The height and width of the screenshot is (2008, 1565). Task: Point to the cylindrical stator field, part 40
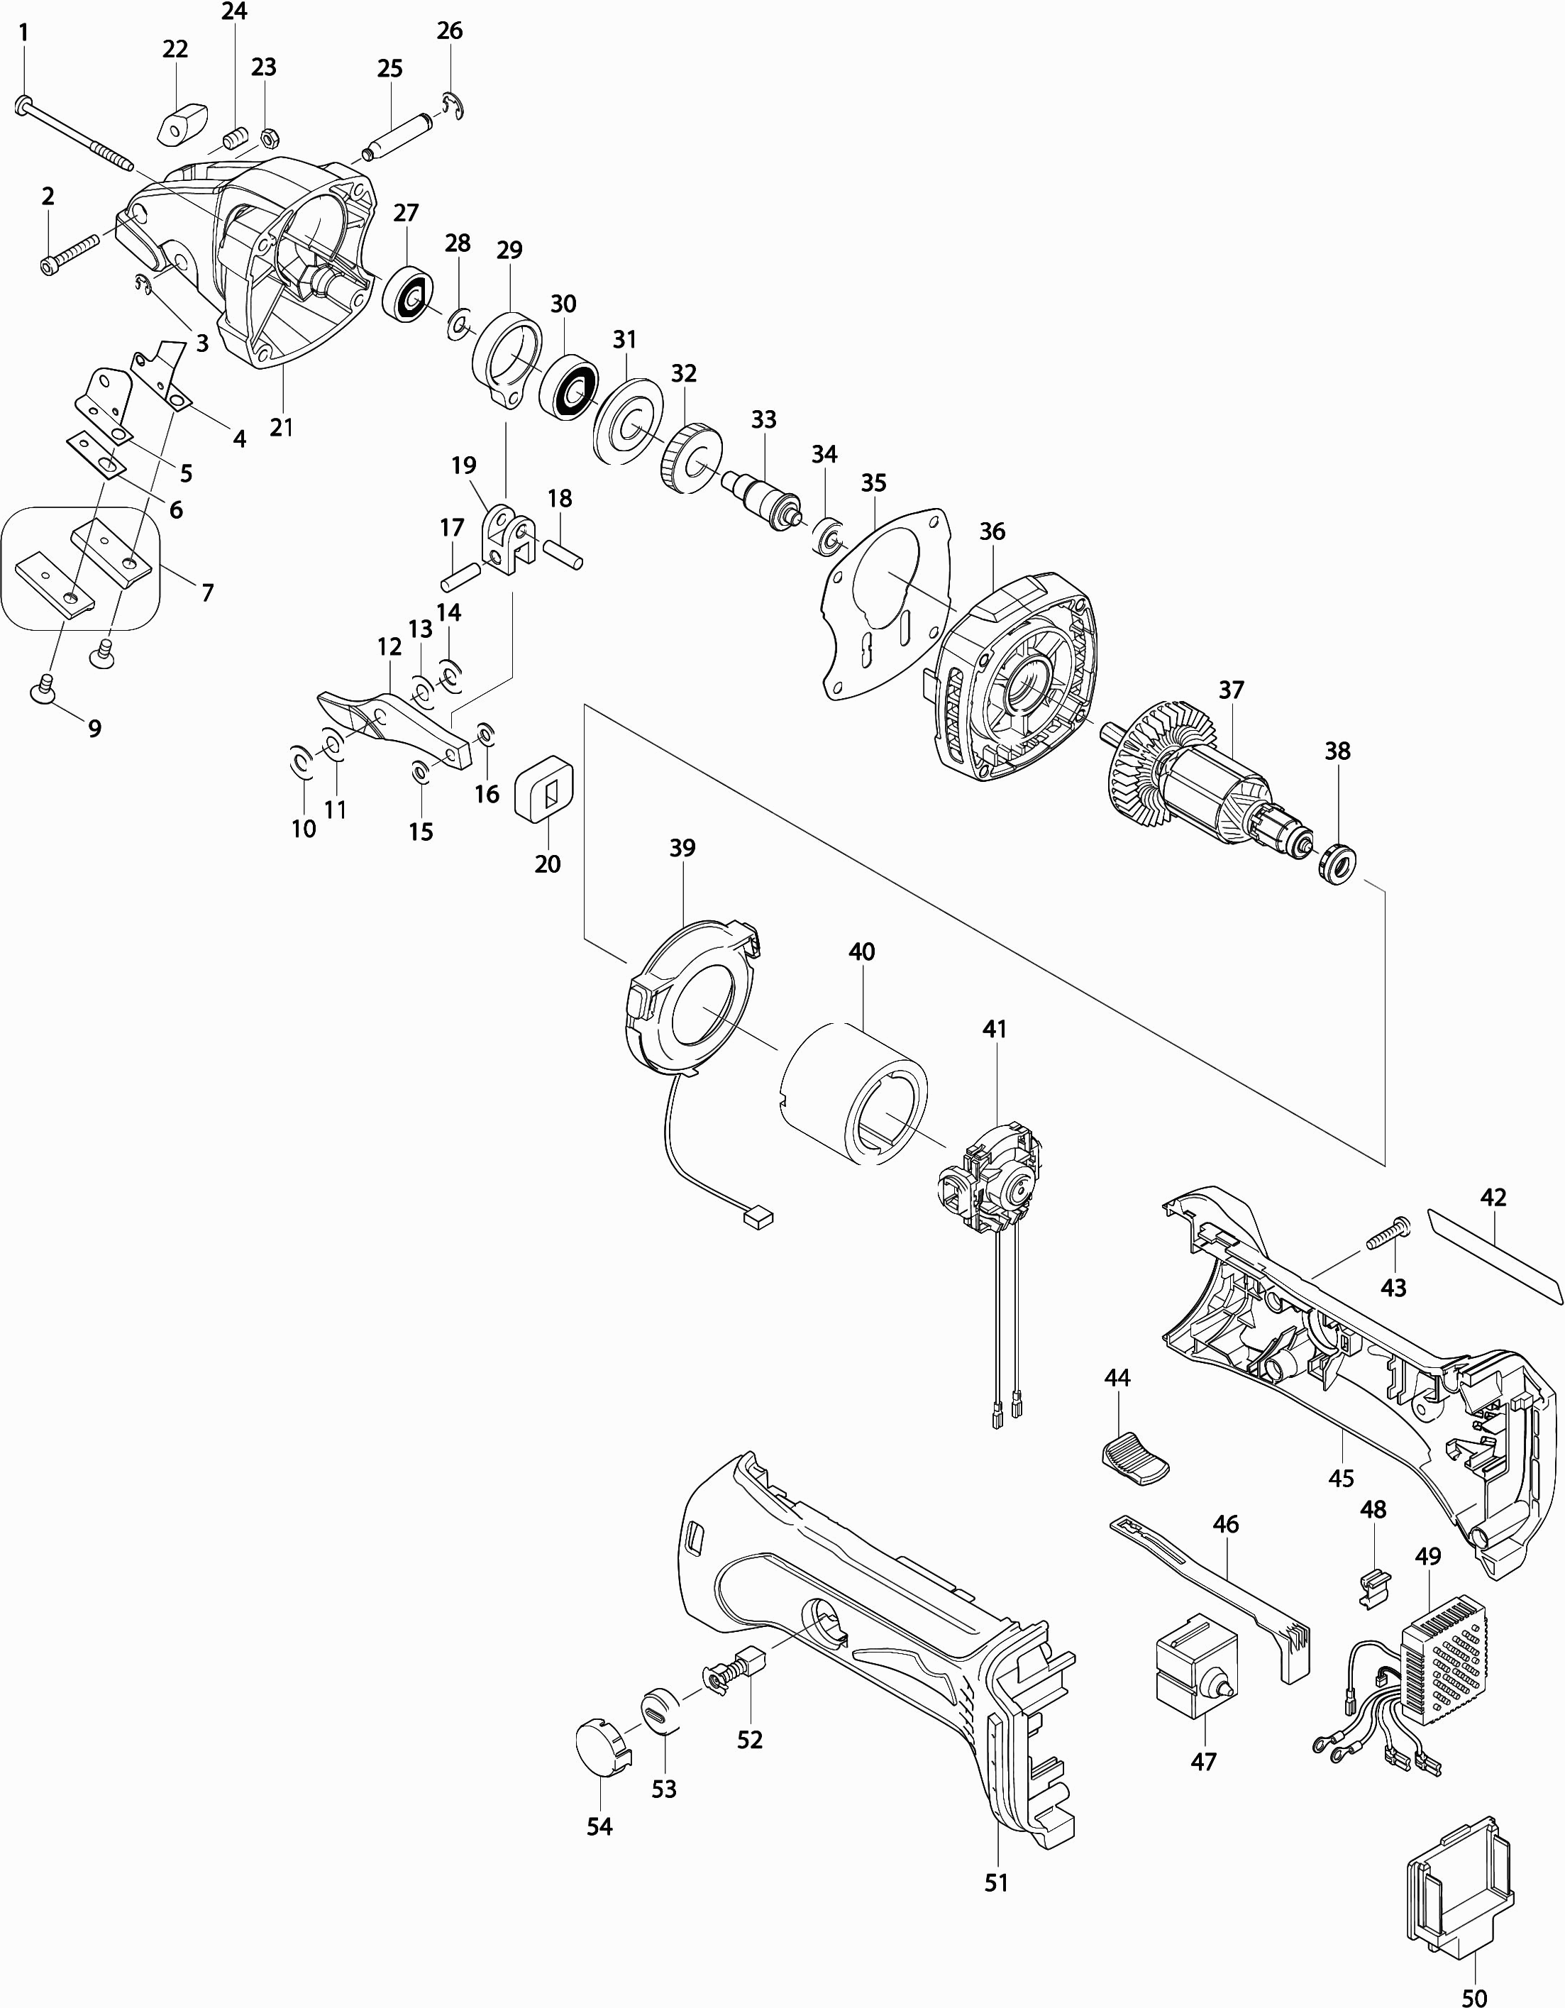[853, 1091]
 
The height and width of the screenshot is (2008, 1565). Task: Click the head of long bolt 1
[24, 105]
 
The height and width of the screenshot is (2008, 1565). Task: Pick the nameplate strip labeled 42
[1493, 1256]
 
